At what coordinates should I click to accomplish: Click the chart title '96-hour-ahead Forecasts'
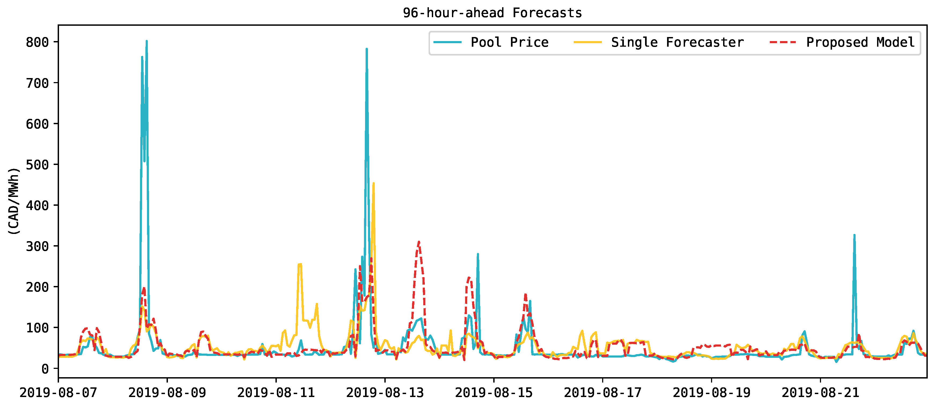tap(492, 13)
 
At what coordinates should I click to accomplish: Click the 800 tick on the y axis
tap(37, 42)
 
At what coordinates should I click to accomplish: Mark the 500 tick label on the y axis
tap(37, 165)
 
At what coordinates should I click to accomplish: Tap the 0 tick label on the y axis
tap(45, 369)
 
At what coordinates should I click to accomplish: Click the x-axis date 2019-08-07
tap(58, 393)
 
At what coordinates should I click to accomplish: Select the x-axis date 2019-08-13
tap(385, 393)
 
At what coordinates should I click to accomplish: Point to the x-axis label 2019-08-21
tap(820, 393)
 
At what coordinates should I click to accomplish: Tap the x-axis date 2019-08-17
tap(602, 393)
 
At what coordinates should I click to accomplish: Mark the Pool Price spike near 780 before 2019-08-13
tap(367, 49)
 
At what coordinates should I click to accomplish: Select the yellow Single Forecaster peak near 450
tap(374, 184)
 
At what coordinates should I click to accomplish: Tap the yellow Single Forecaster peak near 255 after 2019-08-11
tap(299, 265)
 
